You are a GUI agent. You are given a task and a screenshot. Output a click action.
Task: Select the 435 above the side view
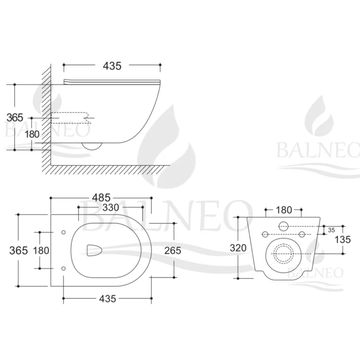[x=112, y=65]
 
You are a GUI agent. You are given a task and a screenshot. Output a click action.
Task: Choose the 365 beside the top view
[x=18, y=250]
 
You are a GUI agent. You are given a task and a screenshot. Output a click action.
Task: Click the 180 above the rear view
[x=283, y=210]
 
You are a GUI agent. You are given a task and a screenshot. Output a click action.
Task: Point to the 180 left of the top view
[x=41, y=250]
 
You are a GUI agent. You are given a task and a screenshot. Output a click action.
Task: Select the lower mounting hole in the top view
[x=63, y=268]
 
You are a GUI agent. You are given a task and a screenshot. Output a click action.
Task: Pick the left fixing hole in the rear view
[x=265, y=235]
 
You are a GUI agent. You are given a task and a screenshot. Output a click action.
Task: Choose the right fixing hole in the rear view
[x=302, y=235]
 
